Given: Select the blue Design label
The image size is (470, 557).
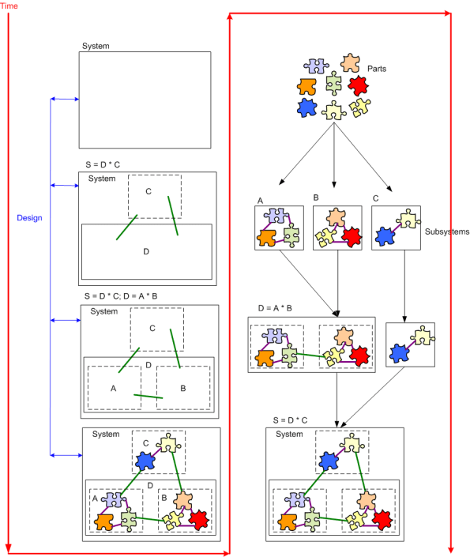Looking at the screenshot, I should click(29, 217).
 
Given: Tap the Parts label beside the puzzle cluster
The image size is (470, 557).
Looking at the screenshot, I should click(378, 69).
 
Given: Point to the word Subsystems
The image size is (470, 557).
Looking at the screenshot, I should click(447, 232).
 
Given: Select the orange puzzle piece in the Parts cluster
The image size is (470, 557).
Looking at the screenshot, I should click(308, 86).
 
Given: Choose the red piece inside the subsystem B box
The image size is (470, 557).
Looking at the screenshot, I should click(351, 235).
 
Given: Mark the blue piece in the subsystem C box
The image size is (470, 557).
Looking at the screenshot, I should click(385, 235).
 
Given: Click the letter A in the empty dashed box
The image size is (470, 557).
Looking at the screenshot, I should click(113, 388).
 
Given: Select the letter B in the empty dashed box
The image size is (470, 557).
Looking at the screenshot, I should click(182, 388).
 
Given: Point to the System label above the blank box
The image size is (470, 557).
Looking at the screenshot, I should click(96, 47).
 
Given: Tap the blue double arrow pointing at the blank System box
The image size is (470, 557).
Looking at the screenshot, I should click(64, 99).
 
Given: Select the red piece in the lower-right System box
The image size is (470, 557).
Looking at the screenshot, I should click(383, 518).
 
